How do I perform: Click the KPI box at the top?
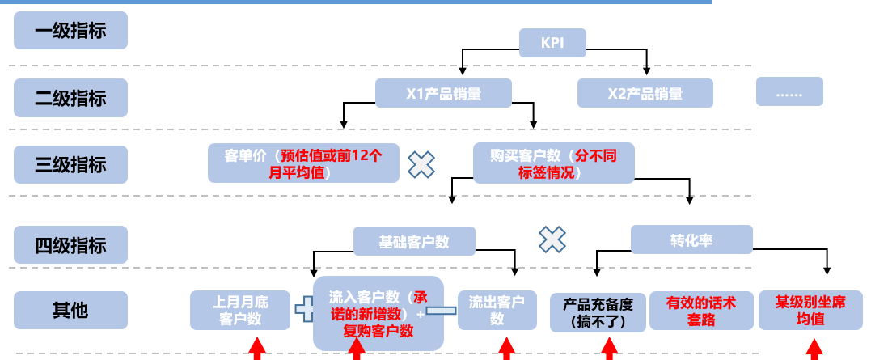(552, 42)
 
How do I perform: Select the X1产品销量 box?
(443, 93)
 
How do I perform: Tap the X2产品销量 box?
(645, 93)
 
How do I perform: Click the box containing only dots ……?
(789, 91)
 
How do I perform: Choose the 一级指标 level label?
(70, 32)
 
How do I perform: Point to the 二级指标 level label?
(70, 98)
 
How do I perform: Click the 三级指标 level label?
(70, 165)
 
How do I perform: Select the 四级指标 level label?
(70, 244)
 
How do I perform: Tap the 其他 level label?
(70, 311)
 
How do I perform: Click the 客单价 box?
(303, 163)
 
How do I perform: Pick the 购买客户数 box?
(553, 163)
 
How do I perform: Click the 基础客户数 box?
(414, 241)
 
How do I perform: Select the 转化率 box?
(691, 240)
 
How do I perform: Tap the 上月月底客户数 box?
(240, 311)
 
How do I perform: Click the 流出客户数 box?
(497, 311)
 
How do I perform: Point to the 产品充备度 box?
(598, 312)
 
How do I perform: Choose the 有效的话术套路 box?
(700, 311)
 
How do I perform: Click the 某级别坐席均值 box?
(810, 311)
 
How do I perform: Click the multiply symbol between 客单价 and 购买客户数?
(421, 164)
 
